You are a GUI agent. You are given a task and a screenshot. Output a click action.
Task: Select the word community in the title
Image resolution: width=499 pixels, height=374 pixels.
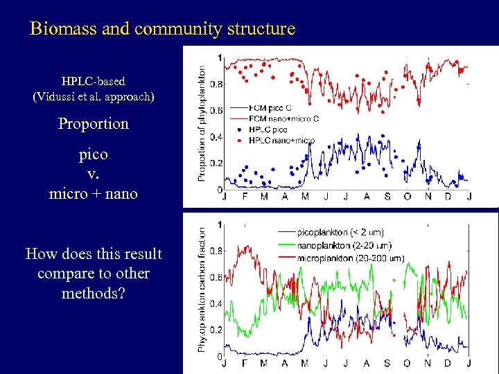[173, 29]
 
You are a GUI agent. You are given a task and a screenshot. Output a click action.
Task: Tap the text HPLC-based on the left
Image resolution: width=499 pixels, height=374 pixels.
[94, 81]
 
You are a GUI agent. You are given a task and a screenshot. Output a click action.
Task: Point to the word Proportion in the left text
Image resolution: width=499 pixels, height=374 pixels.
[94, 124]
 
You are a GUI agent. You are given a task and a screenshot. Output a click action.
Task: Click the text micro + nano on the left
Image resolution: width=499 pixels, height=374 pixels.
[94, 194]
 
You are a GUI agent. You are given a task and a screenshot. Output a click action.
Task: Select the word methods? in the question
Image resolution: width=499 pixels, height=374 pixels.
[94, 293]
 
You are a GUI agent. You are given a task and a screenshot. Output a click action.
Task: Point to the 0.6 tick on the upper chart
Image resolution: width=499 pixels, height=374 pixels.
[216, 110]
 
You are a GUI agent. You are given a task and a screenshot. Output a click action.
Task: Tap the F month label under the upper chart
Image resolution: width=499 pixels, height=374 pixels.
[245, 197]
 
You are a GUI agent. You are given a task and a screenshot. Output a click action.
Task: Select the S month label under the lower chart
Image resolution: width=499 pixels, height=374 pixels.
[387, 364]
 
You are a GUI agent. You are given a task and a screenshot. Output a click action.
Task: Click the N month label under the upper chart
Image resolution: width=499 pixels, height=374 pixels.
[428, 197]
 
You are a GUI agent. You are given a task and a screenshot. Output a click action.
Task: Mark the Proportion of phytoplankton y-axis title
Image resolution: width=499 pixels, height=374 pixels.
[202, 123]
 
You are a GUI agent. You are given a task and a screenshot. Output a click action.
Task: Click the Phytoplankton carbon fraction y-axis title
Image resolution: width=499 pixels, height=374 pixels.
[202, 290]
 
